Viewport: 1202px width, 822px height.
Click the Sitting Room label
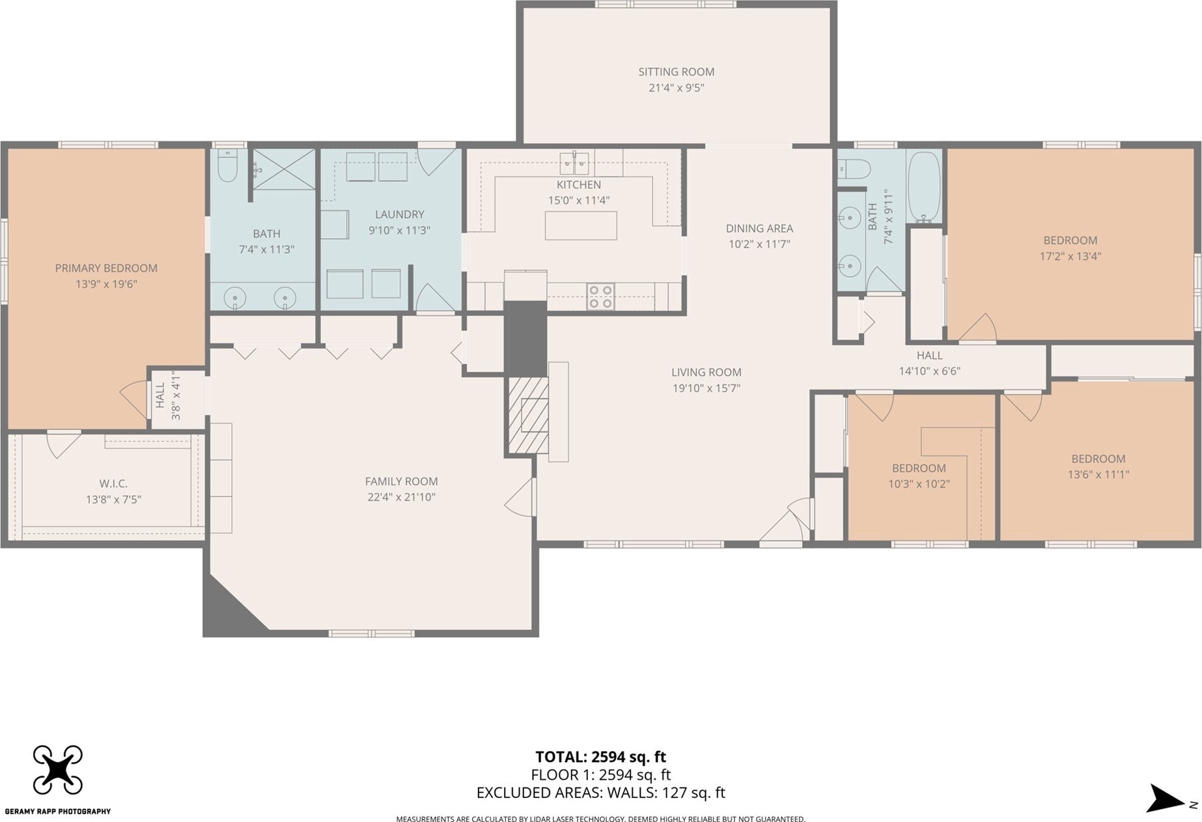(x=676, y=72)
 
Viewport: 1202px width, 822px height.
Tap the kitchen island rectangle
(x=581, y=225)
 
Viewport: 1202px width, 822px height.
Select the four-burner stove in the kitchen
(x=600, y=296)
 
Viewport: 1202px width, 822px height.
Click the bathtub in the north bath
(x=924, y=186)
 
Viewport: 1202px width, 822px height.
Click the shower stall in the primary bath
(x=284, y=169)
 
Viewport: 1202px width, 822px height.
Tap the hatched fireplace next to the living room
(x=528, y=415)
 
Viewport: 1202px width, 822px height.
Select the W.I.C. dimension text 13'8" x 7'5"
(x=113, y=500)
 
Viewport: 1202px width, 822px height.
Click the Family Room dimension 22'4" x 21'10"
(x=401, y=497)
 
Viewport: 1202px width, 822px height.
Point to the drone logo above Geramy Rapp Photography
(x=58, y=770)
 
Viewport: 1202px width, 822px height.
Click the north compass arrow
(x=1166, y=799)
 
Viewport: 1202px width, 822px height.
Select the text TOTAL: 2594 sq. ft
(x=600, y=757)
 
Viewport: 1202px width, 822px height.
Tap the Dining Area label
(x=759, y=228)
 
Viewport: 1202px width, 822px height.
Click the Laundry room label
(x=399, y=214)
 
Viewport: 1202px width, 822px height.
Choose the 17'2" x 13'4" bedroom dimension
(x=1070, y=256)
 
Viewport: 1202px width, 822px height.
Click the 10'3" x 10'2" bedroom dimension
(x=919, y=484)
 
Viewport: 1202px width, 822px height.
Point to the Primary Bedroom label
(x=106, y=268)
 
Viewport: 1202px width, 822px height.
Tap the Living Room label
(x=706, y=372)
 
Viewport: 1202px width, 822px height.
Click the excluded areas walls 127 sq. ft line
(x=600, y=793)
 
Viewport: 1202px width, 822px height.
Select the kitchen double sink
(x=574, y=163)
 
